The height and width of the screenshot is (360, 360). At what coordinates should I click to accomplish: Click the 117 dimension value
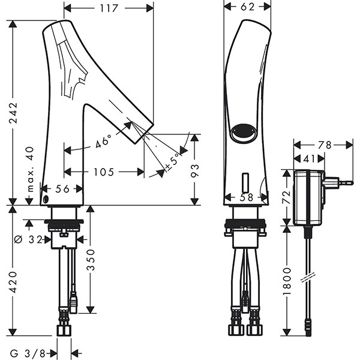(109, 8)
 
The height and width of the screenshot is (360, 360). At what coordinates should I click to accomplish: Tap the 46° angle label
(103, 142)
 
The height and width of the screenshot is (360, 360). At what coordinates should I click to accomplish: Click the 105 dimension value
(104, 172)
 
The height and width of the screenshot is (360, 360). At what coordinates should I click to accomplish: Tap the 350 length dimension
(90, 260)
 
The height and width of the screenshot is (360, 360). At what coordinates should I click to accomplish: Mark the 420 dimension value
(13, 282)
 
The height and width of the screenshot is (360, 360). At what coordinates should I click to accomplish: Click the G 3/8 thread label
(28, 352)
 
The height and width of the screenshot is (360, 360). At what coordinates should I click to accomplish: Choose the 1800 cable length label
(287, 280)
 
